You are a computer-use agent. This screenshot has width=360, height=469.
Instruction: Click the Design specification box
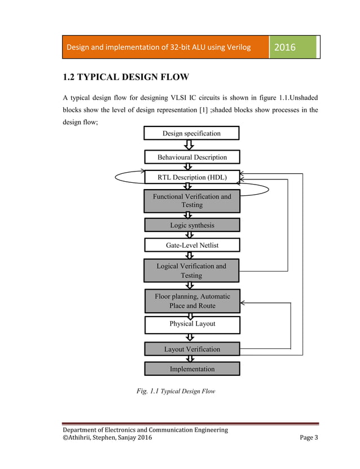coord(192,133)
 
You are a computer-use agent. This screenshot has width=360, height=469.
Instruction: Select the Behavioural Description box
coord(192,157)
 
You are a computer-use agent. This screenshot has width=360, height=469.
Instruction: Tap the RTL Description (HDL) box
coord(192,177)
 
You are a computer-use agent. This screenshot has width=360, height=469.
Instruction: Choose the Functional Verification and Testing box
coord(192,201)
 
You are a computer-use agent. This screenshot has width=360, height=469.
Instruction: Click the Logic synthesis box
coord(192,225)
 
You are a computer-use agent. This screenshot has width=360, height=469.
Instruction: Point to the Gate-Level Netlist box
coord(192,246)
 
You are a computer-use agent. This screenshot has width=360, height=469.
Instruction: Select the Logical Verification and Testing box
coord(192,270)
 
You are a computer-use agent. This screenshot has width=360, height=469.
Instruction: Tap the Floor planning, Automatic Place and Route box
coord(192,301)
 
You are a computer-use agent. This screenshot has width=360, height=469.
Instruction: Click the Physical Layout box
coord(192,324)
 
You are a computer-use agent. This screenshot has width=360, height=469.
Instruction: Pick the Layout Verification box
coord(192,349)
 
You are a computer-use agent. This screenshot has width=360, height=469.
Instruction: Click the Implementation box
coord(192,369)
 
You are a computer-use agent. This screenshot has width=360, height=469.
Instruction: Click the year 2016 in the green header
coord(284,47)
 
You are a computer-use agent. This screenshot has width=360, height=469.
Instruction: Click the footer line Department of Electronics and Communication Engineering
coord(145,430)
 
